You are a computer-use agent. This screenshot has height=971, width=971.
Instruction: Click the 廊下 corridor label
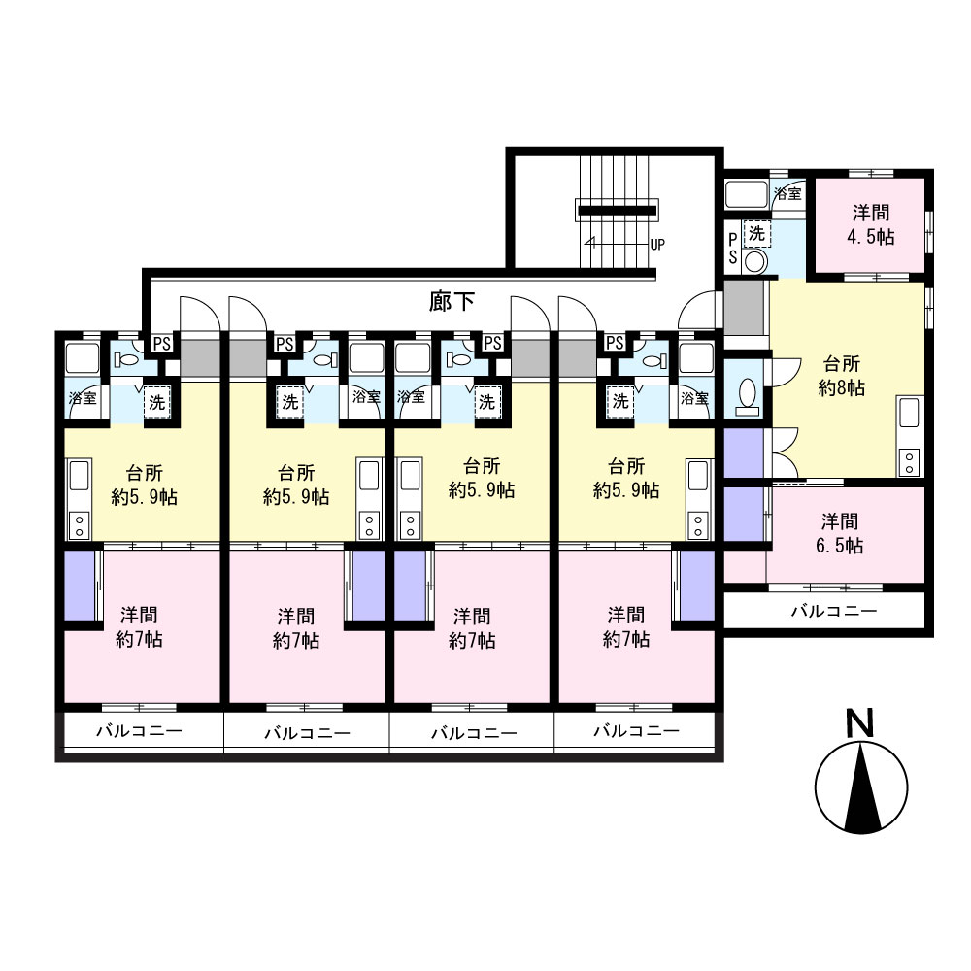tap(452, 302)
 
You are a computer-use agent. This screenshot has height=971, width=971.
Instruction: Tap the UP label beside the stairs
tap(657, 245)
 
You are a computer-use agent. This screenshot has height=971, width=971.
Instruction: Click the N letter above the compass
tap(860, 722)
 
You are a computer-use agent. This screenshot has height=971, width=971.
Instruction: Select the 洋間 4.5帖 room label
tap(871, 225)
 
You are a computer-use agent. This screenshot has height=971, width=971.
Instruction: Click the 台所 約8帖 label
tap(842, 375)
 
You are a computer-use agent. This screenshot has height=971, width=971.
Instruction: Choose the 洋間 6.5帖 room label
tap(840, 533)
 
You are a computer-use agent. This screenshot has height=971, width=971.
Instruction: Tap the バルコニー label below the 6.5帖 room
tap(834, 612)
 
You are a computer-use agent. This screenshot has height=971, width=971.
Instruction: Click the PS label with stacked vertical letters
tap(732, 249)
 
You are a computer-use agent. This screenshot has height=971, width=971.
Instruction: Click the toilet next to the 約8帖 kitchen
tap(748, 396)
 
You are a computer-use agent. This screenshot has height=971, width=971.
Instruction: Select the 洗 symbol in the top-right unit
tap(756, 233)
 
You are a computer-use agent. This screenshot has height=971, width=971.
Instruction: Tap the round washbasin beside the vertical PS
tap(754, 261)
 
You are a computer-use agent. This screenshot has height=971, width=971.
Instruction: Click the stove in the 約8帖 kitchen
tap(909, 462)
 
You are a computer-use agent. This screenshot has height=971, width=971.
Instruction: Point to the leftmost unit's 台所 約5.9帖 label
tap(145, 485)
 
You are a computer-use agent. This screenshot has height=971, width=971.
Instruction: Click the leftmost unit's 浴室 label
tap(83, 397)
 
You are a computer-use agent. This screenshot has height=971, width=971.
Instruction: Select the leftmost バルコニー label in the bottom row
tap(139, 731)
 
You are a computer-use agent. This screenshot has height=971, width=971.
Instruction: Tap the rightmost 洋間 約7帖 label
tap(626, 627)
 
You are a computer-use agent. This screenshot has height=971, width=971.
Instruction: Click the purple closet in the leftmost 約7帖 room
tap(80, 586)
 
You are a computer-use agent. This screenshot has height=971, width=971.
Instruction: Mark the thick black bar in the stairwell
tap(617, 211)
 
